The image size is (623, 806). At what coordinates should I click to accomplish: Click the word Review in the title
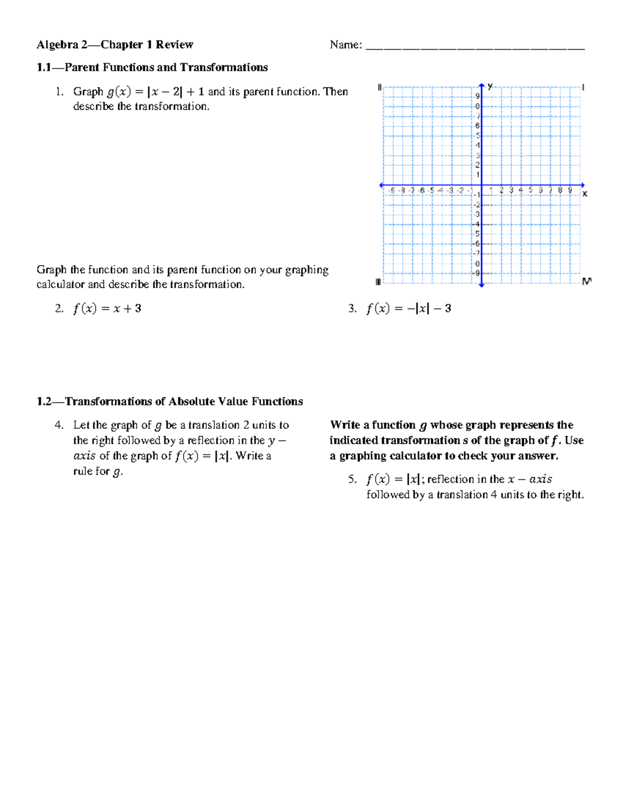(174, 45)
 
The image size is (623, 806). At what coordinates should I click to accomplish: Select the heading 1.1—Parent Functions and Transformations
(152, 67)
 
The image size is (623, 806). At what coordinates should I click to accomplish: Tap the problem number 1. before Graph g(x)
(60, 92)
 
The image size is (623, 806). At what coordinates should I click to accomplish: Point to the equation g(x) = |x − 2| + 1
(155, 92)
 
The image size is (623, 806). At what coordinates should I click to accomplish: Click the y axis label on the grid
(490, 87)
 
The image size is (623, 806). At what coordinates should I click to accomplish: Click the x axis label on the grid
(585, 194)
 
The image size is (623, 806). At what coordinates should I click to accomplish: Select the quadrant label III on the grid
(378, 282)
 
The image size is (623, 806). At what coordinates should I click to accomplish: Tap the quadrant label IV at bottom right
(587, 281)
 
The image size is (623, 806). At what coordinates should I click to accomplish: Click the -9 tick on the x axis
(391, 190)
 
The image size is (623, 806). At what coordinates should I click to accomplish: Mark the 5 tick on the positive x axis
(531, 190)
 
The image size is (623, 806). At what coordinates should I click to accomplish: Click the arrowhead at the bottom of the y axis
(482, 284)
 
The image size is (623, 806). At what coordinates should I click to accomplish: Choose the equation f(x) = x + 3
(107, 309)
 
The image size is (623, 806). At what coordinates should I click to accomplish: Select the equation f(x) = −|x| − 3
(409, 309)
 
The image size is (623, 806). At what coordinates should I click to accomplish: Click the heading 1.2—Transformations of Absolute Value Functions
(170, 402)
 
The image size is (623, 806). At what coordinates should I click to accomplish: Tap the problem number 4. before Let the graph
(59, 425)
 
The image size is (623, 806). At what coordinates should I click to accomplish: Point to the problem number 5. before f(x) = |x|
(353, 480)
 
